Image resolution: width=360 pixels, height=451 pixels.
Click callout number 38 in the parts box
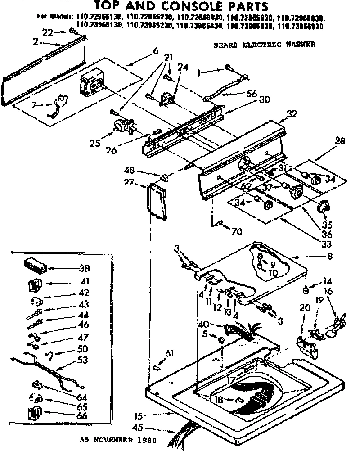pyautogui.click(x=84, y=269)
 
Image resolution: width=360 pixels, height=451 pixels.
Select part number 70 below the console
pyautogui.click(x=237, y=232)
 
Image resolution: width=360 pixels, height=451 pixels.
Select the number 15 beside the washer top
pyautogui.click(x=141, y=416)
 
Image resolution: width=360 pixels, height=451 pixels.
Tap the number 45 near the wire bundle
pyautogui.click(x=141, y=428)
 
